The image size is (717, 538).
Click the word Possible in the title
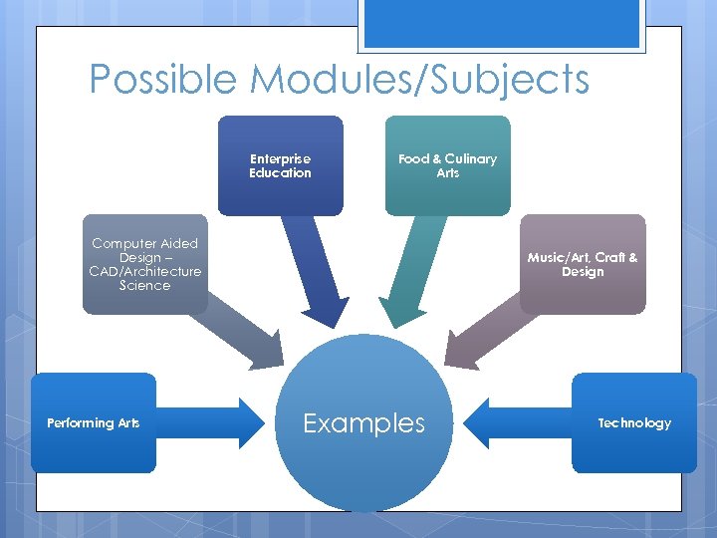pyautogui.click(x=160, y=79)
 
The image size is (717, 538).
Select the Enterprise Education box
pyautogui.click(x=280, y=165)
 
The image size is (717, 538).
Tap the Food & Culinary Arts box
pyautogui.click(x=447, y=165)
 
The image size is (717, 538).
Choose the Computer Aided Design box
pyautogui.click(x=144, y=264)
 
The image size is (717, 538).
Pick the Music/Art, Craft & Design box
pyautogui.click(x=583, y=264)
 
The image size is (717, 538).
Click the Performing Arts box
pyautogui.click(x=94, y=422)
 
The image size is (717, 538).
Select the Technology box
pyautogui.click(x=634, y=422)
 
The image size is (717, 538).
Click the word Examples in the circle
pyautogui.click(x=363, y=423)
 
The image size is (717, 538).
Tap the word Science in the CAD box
pyautogui.click(x=144, y=286)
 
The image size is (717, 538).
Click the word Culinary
pyautogui.click(x=470, y=158)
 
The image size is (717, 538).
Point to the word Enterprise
pyautogui.click(x=280, y=158)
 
